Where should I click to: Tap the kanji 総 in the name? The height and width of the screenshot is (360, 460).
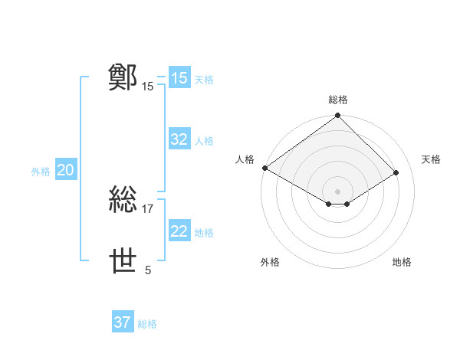point(124,200)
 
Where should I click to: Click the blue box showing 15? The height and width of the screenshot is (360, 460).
point(179,78)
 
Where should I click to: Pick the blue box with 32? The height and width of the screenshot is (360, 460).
point(179,139)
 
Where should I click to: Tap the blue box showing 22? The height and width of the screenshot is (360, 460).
point(179,231)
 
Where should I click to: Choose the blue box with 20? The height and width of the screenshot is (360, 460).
point(65,170)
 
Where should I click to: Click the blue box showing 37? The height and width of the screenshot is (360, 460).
point(123,322)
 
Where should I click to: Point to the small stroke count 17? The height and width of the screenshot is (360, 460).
point(148,208)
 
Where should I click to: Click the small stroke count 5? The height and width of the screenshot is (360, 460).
point(148,270)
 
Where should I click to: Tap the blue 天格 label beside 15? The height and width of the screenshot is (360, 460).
point(204,80)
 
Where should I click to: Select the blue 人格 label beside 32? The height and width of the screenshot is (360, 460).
point(204,141)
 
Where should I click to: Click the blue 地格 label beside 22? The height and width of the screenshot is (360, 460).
point(204,233)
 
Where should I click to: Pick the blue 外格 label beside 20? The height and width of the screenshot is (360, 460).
point(41,172)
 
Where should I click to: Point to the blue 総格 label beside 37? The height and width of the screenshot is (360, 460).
point(147,324)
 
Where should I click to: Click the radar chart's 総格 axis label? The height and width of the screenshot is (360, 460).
point(338,100)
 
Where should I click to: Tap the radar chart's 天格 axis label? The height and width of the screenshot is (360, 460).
point(432,159)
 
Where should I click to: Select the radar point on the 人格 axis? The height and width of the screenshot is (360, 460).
point(264,168)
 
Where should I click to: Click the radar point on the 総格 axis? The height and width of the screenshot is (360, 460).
point(338,116)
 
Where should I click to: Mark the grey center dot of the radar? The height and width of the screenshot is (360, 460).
point(338,191)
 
